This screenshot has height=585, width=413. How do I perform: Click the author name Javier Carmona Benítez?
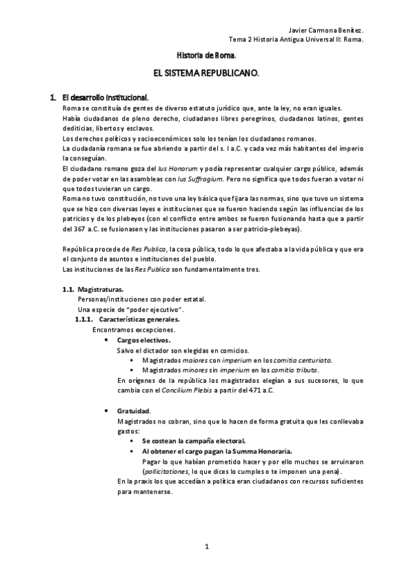click(x=323, y=31)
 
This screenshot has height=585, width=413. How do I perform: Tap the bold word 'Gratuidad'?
click(x=134, y=410)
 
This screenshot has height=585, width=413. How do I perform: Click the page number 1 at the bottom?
click(x=206, y=547)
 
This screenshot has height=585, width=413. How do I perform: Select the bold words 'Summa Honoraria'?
click(x=262, y=450)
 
